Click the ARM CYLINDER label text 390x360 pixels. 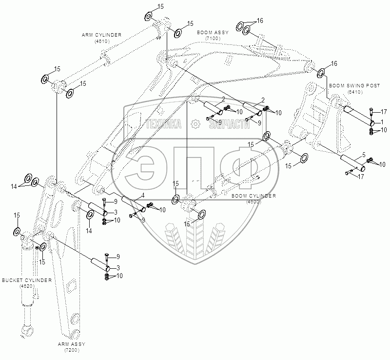[101, 35]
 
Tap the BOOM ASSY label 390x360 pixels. [213, 32]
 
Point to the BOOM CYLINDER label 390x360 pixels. [254, 196]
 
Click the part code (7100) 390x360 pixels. [213, 38]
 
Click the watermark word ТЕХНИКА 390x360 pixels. [164, 124]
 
